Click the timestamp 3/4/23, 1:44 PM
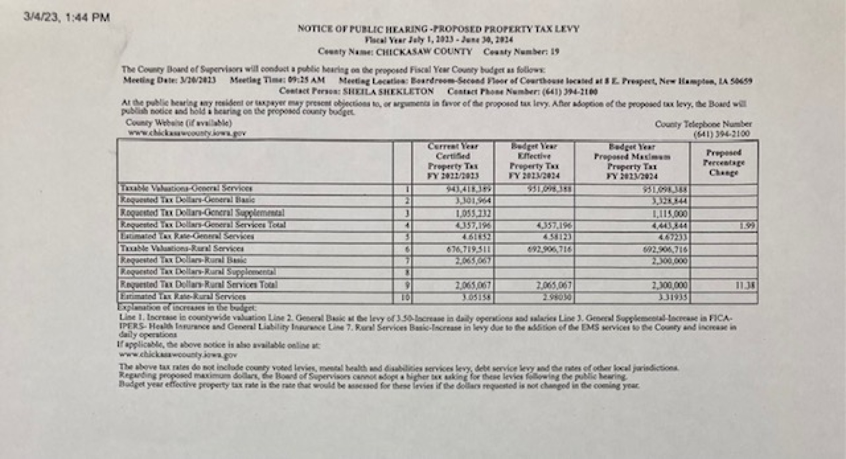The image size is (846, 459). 67,18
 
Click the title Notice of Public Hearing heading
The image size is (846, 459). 438,29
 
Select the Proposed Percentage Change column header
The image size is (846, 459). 723,163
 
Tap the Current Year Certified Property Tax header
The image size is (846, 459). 453,161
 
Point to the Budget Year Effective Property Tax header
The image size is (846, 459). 534,161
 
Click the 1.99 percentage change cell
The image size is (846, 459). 747,226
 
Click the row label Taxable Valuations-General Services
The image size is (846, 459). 186,188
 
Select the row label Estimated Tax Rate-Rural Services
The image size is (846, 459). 183,297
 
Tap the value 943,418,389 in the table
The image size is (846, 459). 469,189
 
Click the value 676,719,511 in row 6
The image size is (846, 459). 469,249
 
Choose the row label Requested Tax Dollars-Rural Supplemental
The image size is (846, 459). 198,272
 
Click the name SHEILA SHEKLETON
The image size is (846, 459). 388,91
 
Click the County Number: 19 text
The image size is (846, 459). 521,52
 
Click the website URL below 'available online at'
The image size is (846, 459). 178,355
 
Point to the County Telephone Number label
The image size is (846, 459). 703,124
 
